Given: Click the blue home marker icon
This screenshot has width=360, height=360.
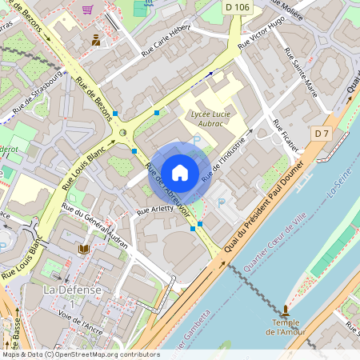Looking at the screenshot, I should point(180,172).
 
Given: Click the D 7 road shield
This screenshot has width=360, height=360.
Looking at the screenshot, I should point(322,132).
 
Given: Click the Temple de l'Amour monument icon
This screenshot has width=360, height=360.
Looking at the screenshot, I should point(286,308).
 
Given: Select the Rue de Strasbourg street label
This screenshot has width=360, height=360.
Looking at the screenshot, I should point(35,95).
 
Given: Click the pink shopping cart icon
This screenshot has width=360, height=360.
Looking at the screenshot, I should point(86,10).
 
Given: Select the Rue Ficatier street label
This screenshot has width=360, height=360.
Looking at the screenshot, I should point(286,136).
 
